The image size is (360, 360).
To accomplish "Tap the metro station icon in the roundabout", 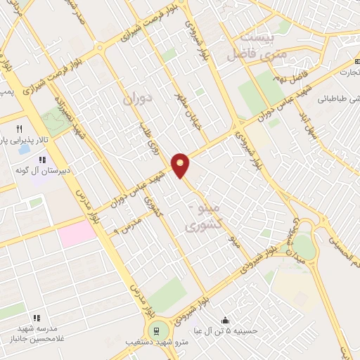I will pyautogui.click(x=155, y=330).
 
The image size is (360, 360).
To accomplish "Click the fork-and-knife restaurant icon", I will pyautogui.click(x=20, y=129).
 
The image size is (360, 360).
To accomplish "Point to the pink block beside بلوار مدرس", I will pyautogui.click(x=76, y=234).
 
